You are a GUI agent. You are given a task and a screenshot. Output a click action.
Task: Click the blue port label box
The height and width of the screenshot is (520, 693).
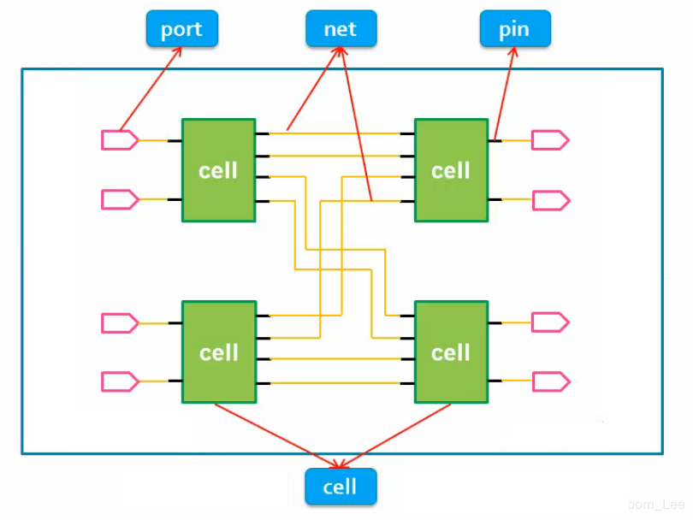click(181, 29)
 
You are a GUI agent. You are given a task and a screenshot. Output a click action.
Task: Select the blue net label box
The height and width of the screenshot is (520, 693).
click(341, 29)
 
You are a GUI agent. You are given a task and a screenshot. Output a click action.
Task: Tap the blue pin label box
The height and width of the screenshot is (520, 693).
click(514, 29)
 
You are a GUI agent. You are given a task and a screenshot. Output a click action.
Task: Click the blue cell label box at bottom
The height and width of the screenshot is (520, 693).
click(341, 487)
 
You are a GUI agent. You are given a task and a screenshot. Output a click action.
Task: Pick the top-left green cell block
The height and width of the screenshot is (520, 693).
click(218, 170)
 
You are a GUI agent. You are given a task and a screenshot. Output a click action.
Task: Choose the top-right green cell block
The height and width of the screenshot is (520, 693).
click(451, 170)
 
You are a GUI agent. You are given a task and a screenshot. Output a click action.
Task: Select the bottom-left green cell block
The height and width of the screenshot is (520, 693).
click(218, 352)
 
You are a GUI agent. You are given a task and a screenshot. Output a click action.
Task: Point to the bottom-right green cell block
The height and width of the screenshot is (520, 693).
click(451, 352)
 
